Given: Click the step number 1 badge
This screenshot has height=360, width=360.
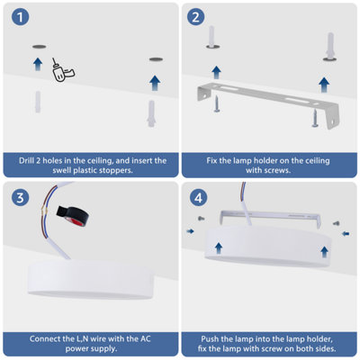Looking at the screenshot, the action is point(20,17).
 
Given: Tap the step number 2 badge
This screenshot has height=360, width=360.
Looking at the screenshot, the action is point(196,17).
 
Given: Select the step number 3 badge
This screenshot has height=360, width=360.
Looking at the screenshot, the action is point(20,198).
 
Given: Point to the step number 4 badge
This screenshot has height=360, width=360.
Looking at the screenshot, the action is point(198,198).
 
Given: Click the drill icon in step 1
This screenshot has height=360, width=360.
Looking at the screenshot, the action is point(62,70).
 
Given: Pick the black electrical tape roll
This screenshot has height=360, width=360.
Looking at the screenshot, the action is point(72,214).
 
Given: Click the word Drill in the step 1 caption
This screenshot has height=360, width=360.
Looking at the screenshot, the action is point(26,160).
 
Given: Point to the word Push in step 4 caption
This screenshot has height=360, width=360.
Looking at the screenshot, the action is point(210,339).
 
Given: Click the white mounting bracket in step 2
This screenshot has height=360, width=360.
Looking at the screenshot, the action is point(268,104).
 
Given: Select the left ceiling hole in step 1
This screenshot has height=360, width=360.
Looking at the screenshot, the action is point(40,47).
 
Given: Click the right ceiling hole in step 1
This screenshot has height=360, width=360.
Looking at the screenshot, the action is point(157,59).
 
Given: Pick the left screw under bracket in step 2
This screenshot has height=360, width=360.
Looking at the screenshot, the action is point(217,104).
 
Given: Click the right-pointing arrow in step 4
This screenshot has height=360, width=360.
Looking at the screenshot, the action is point(190,231).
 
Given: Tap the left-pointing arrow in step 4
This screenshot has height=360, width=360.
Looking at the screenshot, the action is point(346,233).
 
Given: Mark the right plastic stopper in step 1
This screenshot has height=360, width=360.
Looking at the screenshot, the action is point(151,113).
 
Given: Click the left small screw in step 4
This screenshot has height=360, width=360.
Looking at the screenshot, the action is point(201,219).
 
